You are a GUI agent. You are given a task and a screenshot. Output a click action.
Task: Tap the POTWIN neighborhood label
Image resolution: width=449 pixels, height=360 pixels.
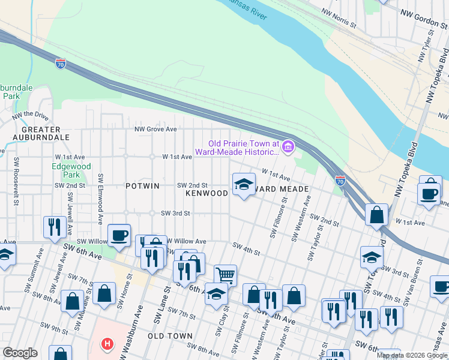(x=142, y=186)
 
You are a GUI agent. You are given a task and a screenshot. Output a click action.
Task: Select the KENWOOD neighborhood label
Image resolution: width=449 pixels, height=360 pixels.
(x=206, y=193)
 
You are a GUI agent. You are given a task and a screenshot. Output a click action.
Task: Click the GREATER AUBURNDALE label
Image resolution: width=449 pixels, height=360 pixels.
(x=41, y=133)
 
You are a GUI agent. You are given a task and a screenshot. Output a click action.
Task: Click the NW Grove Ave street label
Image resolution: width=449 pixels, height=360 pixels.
(x=155, y=129)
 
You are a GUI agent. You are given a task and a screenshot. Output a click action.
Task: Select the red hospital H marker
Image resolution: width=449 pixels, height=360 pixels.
(x=107, y=344)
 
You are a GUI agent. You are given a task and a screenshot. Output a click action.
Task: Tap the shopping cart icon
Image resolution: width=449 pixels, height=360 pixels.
(x=225, y=275)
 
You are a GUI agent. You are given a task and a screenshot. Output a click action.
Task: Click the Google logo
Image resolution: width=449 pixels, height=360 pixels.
(x=20, y=353)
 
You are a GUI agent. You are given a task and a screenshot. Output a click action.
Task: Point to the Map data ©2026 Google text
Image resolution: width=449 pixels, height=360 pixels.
(x=411, y=355)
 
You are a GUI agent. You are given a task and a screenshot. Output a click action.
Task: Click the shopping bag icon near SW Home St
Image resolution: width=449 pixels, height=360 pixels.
(x=104, y=293)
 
